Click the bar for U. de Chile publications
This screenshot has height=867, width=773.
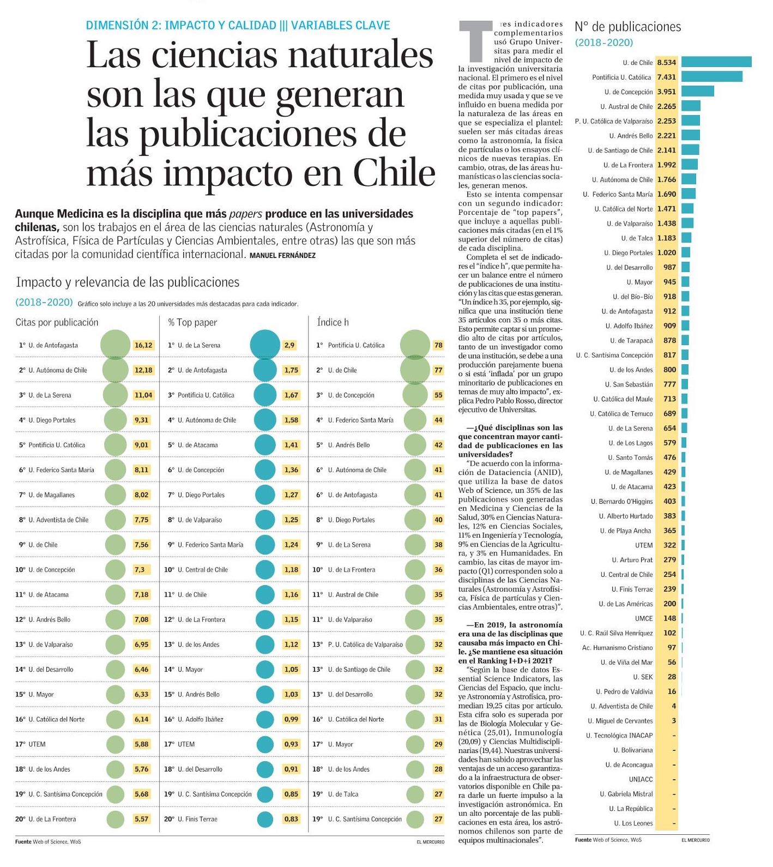click(x=716, y=62)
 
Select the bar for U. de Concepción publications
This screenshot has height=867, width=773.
click(x=697, y=92)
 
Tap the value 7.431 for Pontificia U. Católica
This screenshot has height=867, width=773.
click(x=666, y=77)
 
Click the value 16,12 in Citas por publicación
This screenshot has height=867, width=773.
click(x=143, y=345)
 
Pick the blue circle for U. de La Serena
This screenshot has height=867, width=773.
click(x=265, y=345)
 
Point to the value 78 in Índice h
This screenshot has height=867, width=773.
click(x=438, y=345)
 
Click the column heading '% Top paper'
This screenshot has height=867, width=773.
click(x=192, y=322)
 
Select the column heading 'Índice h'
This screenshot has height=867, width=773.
click(x=333, y=322)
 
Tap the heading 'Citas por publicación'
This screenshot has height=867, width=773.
click(x=57, y=322)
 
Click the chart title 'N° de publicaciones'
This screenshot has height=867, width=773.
click(x=627, y=27)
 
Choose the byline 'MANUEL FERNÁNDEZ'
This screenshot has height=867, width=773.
click(x=282, y=255)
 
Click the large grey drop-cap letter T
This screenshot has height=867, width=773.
click(x=472, y=40)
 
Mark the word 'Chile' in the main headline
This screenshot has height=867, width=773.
click(x=394, y=173)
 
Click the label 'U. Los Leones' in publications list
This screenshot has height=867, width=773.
click(x=633, y=823)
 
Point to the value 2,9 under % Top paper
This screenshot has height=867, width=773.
click(x=289, y=345)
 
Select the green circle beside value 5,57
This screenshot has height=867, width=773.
click(x=116, y=819)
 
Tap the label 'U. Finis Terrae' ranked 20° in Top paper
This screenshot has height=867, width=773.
click(x=197, y=819)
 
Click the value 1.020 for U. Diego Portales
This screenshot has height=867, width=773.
click(x=666, y=253)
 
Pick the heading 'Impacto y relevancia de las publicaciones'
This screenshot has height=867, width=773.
click(x=128, y=282)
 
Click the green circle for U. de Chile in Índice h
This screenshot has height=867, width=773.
click(x=415, y=370)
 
